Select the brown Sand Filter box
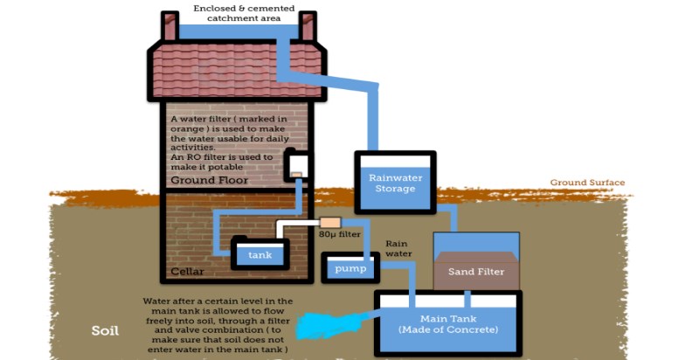click(476, 271)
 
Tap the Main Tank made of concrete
click(447, 324)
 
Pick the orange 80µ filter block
click(329, 223)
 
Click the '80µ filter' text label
click(338, 235)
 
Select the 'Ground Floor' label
click(209, 181)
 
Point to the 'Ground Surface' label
click(587, 183)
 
